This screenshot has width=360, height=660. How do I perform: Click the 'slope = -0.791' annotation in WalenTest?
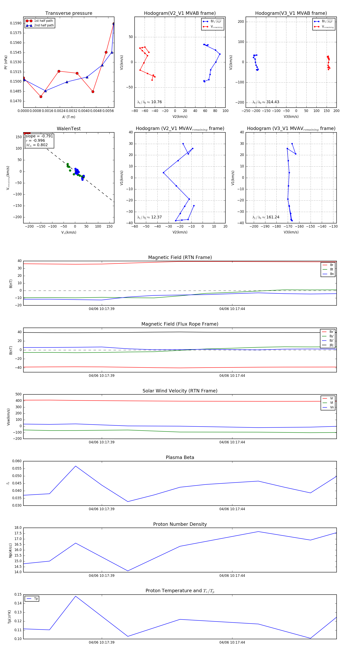coord(39,136)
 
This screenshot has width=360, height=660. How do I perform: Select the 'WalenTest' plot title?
coord(69,129)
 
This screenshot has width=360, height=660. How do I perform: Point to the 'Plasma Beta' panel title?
coord(180,457)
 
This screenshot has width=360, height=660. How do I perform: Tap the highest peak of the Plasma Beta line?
coord(76,466)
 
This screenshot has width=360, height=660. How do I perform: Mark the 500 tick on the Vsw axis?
coord(18,394)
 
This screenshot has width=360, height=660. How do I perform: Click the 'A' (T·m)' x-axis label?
coord(69,117)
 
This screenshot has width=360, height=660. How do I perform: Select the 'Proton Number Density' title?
coord(180,524)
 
